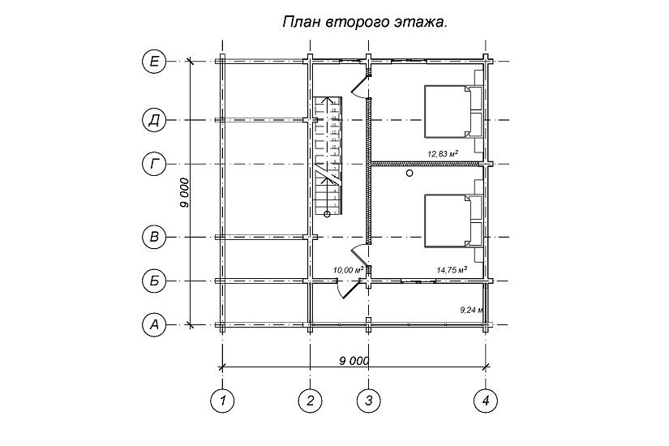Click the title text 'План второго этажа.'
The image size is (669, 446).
(364, 23)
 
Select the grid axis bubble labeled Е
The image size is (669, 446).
(154, 61)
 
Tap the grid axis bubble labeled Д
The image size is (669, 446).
(154, 120)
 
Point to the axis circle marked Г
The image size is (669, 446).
(154, 164)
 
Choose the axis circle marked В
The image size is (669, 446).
(154, 238)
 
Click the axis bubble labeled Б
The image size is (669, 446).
(154, 281)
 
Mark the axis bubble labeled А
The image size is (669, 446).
(154, 325)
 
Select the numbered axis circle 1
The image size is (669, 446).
(221, 399)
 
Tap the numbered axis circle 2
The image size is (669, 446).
(310, 399)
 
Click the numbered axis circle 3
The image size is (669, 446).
(368, 399)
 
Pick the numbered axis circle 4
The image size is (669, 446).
(485, 399)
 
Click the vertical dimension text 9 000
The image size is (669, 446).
(185, 193)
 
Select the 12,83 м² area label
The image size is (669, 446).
(443, 153)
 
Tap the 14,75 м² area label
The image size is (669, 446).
(452, 269)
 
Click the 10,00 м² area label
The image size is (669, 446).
(347, 269)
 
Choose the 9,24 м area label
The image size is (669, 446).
(471, 309)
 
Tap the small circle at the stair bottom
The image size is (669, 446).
(328, 213)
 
